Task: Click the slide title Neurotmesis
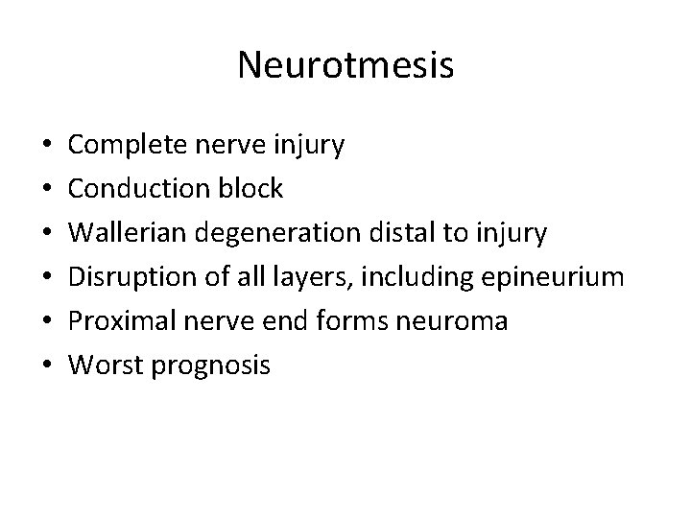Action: click(x=345, y=65)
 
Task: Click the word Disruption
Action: click(x=132, y=278)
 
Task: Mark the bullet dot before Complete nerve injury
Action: click(x=48, y=146)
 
